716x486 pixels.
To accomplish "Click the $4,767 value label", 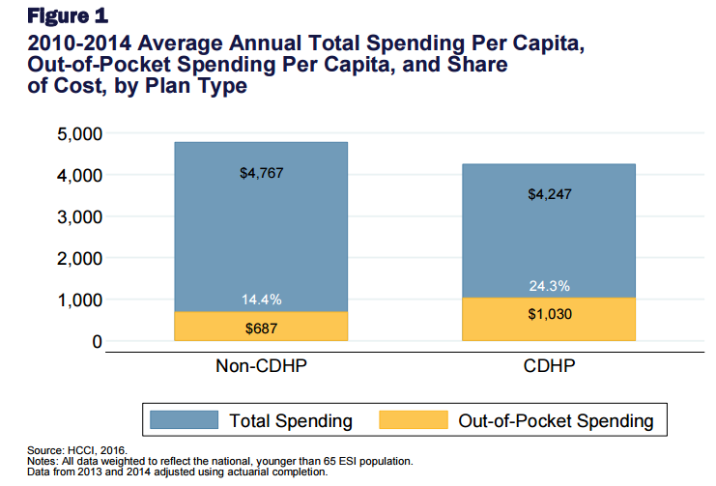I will coord(261,174).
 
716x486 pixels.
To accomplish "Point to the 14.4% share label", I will coord(261,300).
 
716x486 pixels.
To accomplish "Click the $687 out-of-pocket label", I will coord(261,328).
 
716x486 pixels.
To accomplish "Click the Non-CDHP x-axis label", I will coord(261,367).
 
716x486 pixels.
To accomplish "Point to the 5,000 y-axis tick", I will coord(75,133).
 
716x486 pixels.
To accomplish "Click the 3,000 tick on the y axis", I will coord(75,216).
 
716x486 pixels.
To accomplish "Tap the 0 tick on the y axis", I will coord(96,342).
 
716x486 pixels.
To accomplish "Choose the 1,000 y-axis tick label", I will coord(75,300).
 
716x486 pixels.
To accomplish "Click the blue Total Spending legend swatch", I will coord(186,420).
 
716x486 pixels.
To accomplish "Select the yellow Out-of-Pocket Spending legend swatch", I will coord(414,420).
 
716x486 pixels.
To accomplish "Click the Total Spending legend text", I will coord(291,421).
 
